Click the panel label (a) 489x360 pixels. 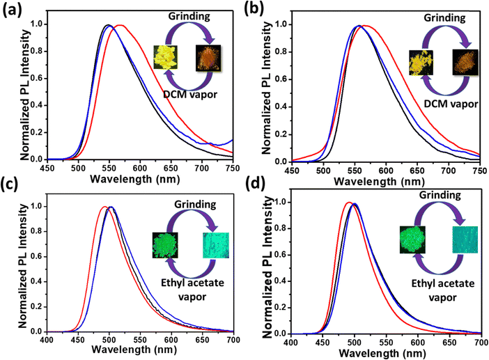(x=12, y=10)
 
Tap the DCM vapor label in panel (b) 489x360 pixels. (x=452, y=104)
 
